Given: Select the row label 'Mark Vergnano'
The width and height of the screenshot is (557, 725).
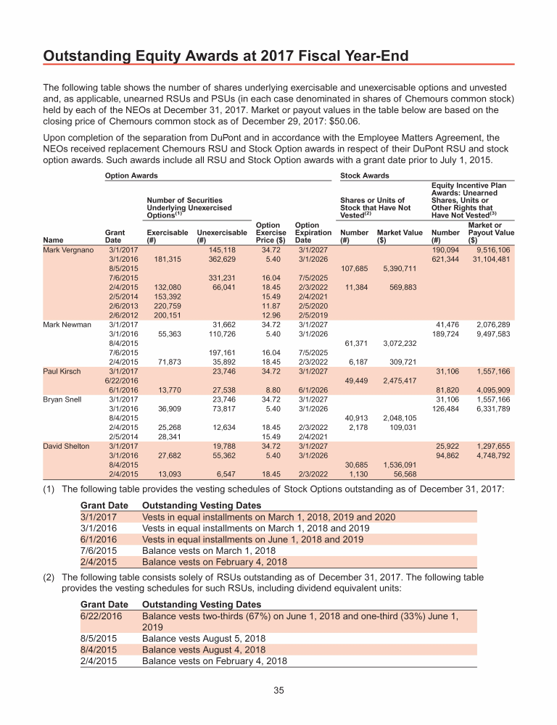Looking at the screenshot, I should (68, 249).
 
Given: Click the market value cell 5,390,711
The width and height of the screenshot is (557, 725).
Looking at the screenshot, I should (396, 268).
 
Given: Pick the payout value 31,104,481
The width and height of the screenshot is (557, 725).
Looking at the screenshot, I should (491, 259).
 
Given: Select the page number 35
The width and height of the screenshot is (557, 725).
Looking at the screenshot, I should (278, 690).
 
